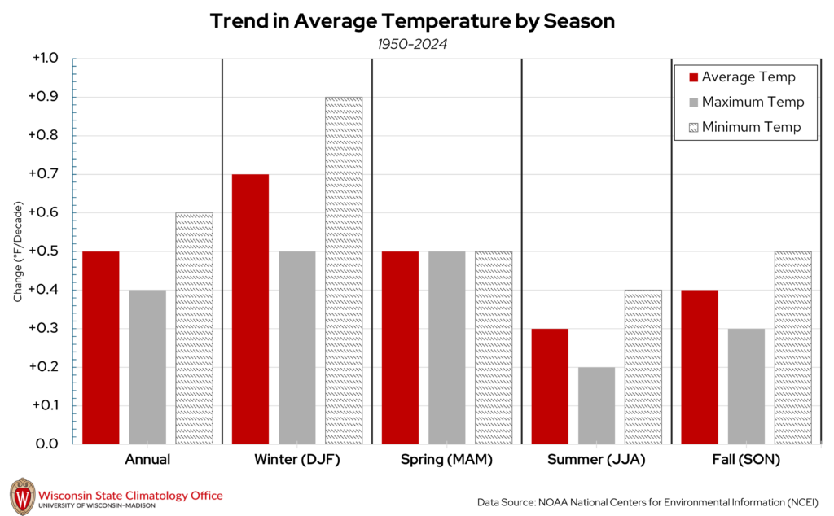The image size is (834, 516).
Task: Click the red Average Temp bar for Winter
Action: pos(250,309)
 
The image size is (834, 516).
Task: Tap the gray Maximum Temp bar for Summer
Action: pos(596,405)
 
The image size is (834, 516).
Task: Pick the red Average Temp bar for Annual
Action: pos(100,348)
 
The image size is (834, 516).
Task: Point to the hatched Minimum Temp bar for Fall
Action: pos(792,348)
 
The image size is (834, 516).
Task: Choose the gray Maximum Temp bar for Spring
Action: pos(446,348)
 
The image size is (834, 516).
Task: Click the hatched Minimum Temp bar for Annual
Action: pos(194,329)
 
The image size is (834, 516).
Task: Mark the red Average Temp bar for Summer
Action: pos(550,387)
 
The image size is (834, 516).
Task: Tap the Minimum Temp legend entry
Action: pos(745,127)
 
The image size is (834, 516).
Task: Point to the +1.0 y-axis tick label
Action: pos(44,59)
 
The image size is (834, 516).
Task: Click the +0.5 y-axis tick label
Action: pos(44,251)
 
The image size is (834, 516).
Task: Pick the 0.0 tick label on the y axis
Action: pos(47,444)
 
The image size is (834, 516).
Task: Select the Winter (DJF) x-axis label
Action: pos(296,460)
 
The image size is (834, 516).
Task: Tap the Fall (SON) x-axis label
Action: pos(745,460)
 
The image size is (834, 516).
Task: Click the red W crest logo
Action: pos(22,496)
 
